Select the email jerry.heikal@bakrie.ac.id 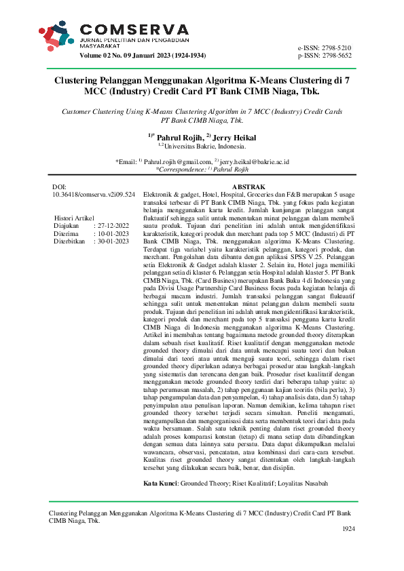click(x=254, y=162)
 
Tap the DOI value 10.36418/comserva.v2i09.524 click(x=94, y=195)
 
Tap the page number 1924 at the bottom click(x=348, y=528)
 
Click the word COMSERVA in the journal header click(x=134, y=29)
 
